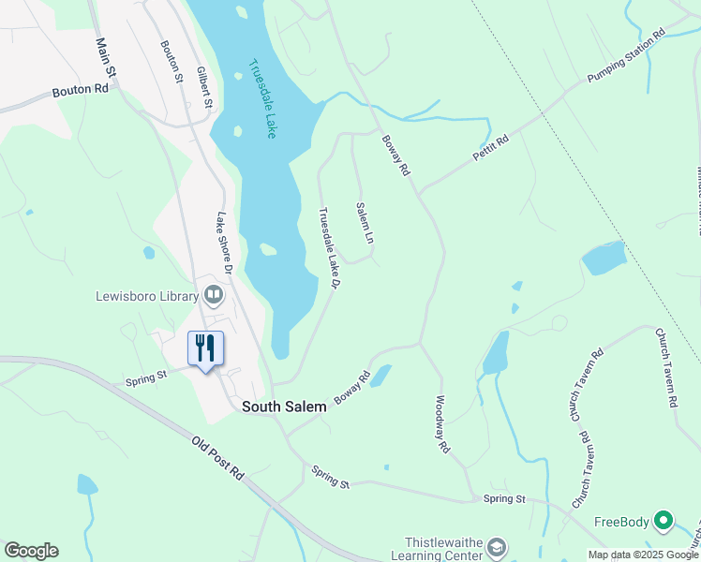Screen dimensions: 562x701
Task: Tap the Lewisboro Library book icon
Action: pos(215,296)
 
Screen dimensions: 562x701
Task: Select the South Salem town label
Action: pos(284,407)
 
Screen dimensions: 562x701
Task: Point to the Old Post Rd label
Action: pos(218,459)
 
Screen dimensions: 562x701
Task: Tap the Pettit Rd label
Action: pos(491,147)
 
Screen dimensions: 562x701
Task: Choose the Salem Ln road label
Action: pos(365,224)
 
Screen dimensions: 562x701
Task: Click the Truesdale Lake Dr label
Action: pos(328,249)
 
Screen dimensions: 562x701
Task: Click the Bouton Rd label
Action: pos(80,90)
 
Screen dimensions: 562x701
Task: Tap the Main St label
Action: pos(106,57)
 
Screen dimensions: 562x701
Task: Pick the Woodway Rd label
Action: pos(442,424)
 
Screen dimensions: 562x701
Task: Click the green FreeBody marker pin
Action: pos(664,519)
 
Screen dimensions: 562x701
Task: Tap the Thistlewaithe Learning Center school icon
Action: pos(498,547)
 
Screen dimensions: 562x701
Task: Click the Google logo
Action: pos(31,551)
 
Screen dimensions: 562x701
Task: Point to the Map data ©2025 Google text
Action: pos(644,555)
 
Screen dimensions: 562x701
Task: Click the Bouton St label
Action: pos(171,62)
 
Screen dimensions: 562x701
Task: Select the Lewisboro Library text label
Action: pos(147,296)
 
